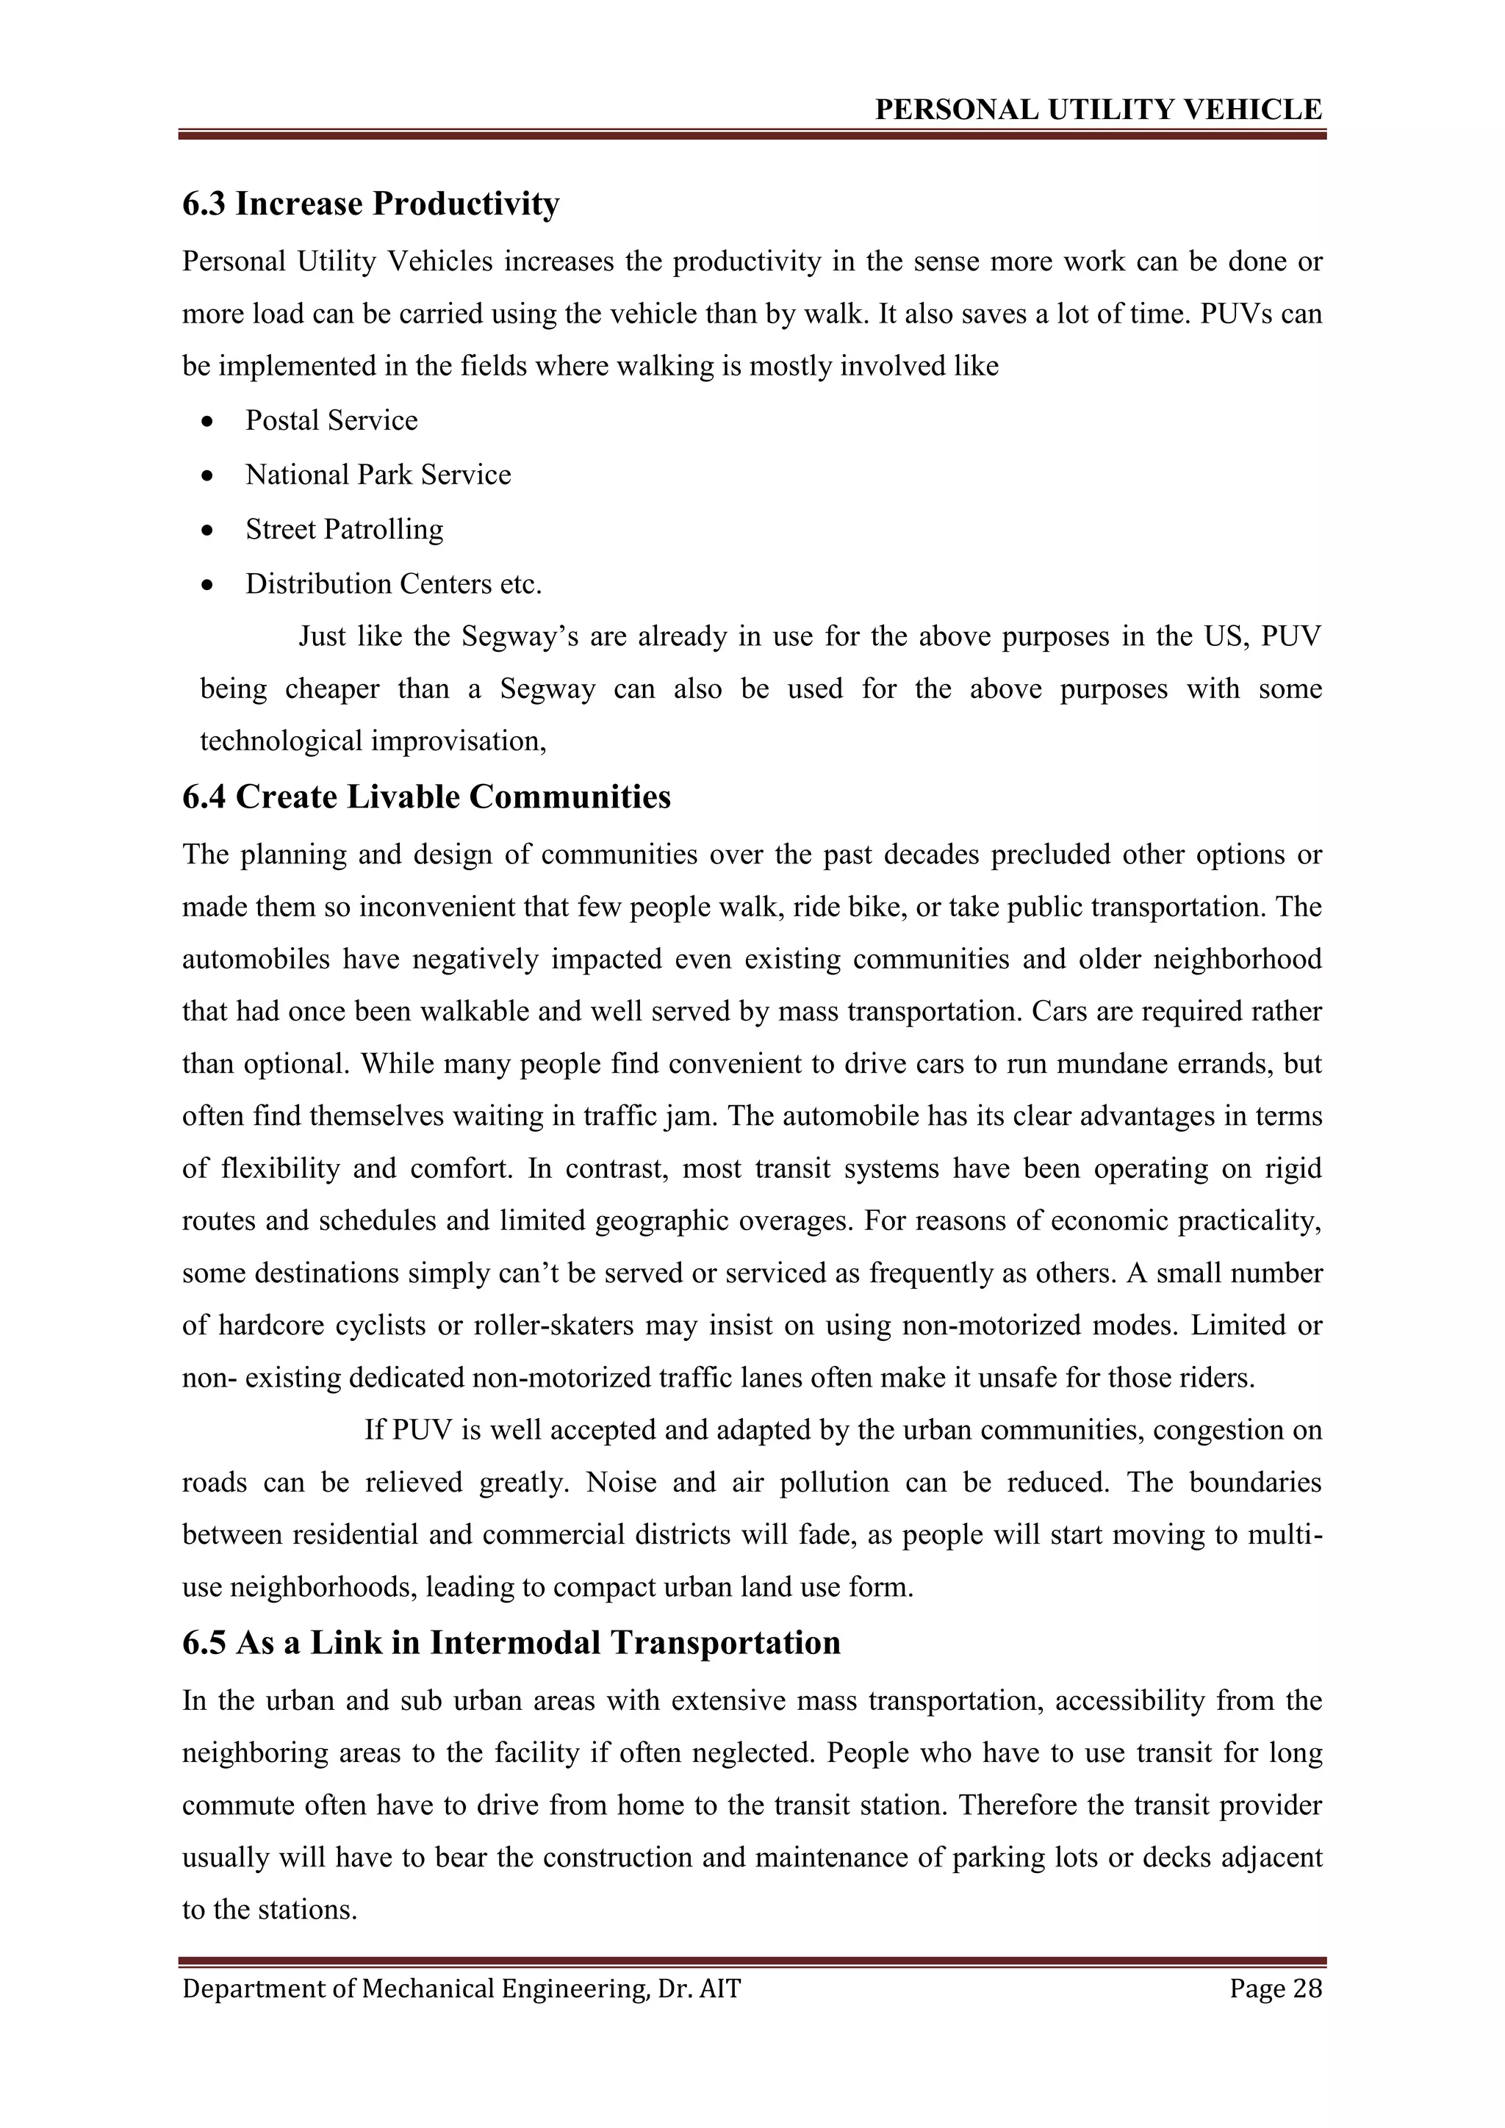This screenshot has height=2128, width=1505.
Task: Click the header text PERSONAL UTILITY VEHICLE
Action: coord(1098,110)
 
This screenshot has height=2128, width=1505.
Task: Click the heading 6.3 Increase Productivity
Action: coord(370,204)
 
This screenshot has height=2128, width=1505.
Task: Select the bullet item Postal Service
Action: coord(331,421)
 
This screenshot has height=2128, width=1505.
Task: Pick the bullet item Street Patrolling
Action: coord(344,529)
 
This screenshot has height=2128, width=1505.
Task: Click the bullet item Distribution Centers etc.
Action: coord(393,584)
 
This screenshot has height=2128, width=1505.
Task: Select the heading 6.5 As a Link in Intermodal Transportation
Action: coord(511,1642)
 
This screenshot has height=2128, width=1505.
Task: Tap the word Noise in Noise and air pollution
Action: coord(621,1482)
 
